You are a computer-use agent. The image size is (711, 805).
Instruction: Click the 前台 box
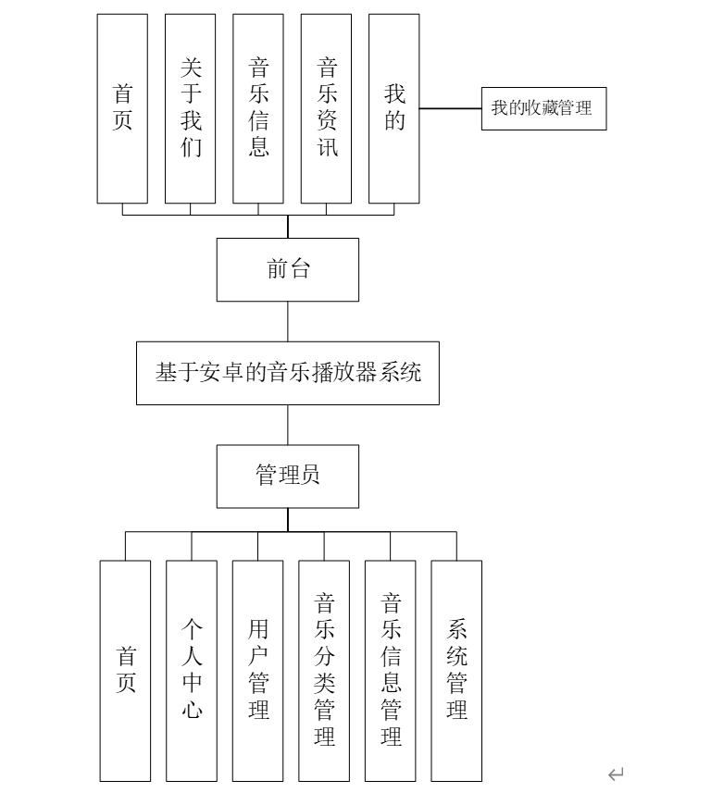[x=287, y=269]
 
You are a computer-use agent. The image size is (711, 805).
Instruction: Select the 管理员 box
[x=287, y=476]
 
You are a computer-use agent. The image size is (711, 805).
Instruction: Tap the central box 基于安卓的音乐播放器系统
[x=287, y=373]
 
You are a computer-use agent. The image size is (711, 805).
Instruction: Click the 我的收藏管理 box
[x=543, y=108]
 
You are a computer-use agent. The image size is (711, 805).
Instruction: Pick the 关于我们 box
[x=190, y=108]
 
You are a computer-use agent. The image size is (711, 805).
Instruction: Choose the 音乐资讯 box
[x=326, y=108]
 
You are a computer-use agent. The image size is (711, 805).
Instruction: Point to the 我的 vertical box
[x=393, y=108]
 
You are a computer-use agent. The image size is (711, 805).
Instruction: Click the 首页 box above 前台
[x=122, y=108]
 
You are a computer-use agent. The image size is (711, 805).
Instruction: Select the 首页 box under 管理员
[x=125, y=670]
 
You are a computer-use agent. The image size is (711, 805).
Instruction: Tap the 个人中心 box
[x=192, y=670]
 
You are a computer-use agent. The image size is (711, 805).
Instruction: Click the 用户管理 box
[x=257, y=670]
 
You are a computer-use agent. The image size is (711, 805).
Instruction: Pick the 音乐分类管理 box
[x=324, y=670]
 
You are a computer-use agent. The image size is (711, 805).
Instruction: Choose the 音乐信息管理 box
[x=390, y=670]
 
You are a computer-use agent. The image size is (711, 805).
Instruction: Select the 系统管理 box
[x=456, y=670]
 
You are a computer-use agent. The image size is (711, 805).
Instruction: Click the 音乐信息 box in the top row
[x=258, y=108]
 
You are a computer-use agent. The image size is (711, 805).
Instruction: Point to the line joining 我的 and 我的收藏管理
[x=450, y=108]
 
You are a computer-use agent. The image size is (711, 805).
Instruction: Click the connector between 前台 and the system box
[x=287, y=321]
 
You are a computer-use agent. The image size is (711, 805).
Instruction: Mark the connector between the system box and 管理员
[x=287, y=425]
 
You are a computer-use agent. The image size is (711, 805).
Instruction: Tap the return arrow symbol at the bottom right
[x=616, y=774]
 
